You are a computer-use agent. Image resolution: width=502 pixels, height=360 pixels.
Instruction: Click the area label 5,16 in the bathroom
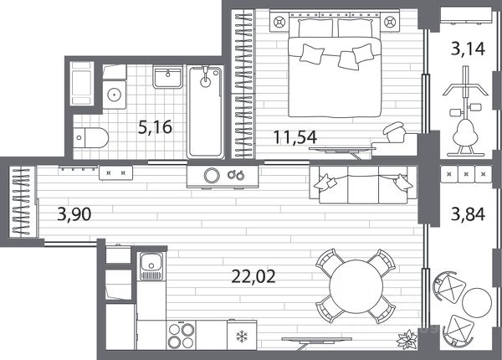(x=155, y=127)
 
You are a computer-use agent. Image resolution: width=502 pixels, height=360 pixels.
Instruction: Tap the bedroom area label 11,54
(x=295, y=137)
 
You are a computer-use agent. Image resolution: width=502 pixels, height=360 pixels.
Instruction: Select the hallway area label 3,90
(x=74, y=214)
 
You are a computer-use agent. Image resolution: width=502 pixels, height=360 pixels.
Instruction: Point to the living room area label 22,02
(x=254, y=277)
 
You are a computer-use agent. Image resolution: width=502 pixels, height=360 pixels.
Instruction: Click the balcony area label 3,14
(x=468, y=49)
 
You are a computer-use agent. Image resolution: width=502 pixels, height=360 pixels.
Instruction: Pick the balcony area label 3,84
(x=468, y=214)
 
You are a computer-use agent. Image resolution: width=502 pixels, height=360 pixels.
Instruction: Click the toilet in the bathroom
(x=91, y=138)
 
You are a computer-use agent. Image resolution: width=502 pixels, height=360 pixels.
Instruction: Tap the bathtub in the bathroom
(x=205, y=112)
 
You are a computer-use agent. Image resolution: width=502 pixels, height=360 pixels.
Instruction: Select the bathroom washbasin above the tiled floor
(x=168, y=76)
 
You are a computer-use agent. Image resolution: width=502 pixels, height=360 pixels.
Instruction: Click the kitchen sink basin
(x=151, y=266)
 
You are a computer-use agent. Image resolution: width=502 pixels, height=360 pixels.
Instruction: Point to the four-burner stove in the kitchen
(x=182, y=335)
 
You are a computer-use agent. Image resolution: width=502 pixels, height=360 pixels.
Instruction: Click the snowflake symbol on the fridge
(x=242, y=337)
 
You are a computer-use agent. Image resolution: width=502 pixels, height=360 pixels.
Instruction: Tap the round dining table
(x=356, y=286)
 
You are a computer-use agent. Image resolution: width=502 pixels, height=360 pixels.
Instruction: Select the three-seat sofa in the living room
(x=363, y=184)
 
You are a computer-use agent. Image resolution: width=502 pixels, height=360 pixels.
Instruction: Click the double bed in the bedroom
(x=335, y=67)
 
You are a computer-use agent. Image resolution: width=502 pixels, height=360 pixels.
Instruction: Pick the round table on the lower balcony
(x=477, y=303)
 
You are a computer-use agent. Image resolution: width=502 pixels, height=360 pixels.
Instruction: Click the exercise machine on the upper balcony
(x=466, y=111)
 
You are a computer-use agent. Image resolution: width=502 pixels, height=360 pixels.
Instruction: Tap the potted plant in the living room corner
(x=407, y=339)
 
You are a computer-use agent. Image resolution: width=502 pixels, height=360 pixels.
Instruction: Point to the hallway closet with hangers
(x=23, y=201)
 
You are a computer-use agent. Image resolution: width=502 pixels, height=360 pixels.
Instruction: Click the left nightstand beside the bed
(x=279, y=22)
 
